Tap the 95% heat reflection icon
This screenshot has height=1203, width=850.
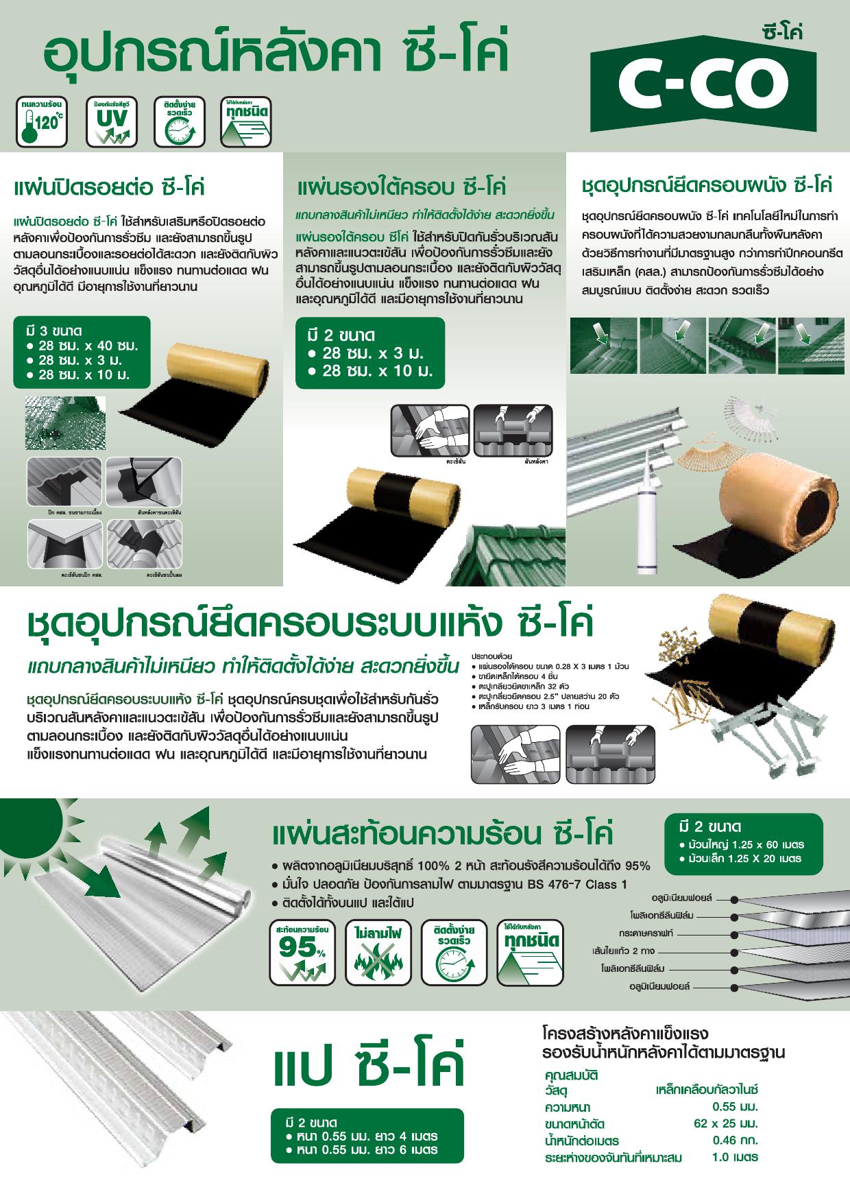pos(302,951)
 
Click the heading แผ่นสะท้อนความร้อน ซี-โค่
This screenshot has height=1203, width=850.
pos(443,834)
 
